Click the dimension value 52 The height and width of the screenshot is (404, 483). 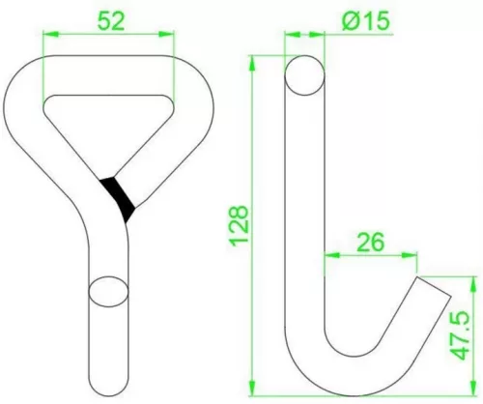click(x=110, y=21)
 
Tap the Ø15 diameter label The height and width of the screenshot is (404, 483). click(x=365, y=21)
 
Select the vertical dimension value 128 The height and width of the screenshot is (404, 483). click(x=239, y=225)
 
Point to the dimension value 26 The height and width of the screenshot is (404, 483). click(x=370, y=242)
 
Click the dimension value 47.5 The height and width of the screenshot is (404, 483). click(x=460, y=335)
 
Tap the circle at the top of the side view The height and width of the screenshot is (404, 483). click(x=304, y=75)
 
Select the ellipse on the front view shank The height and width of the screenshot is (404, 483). click(x=108, y=292)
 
